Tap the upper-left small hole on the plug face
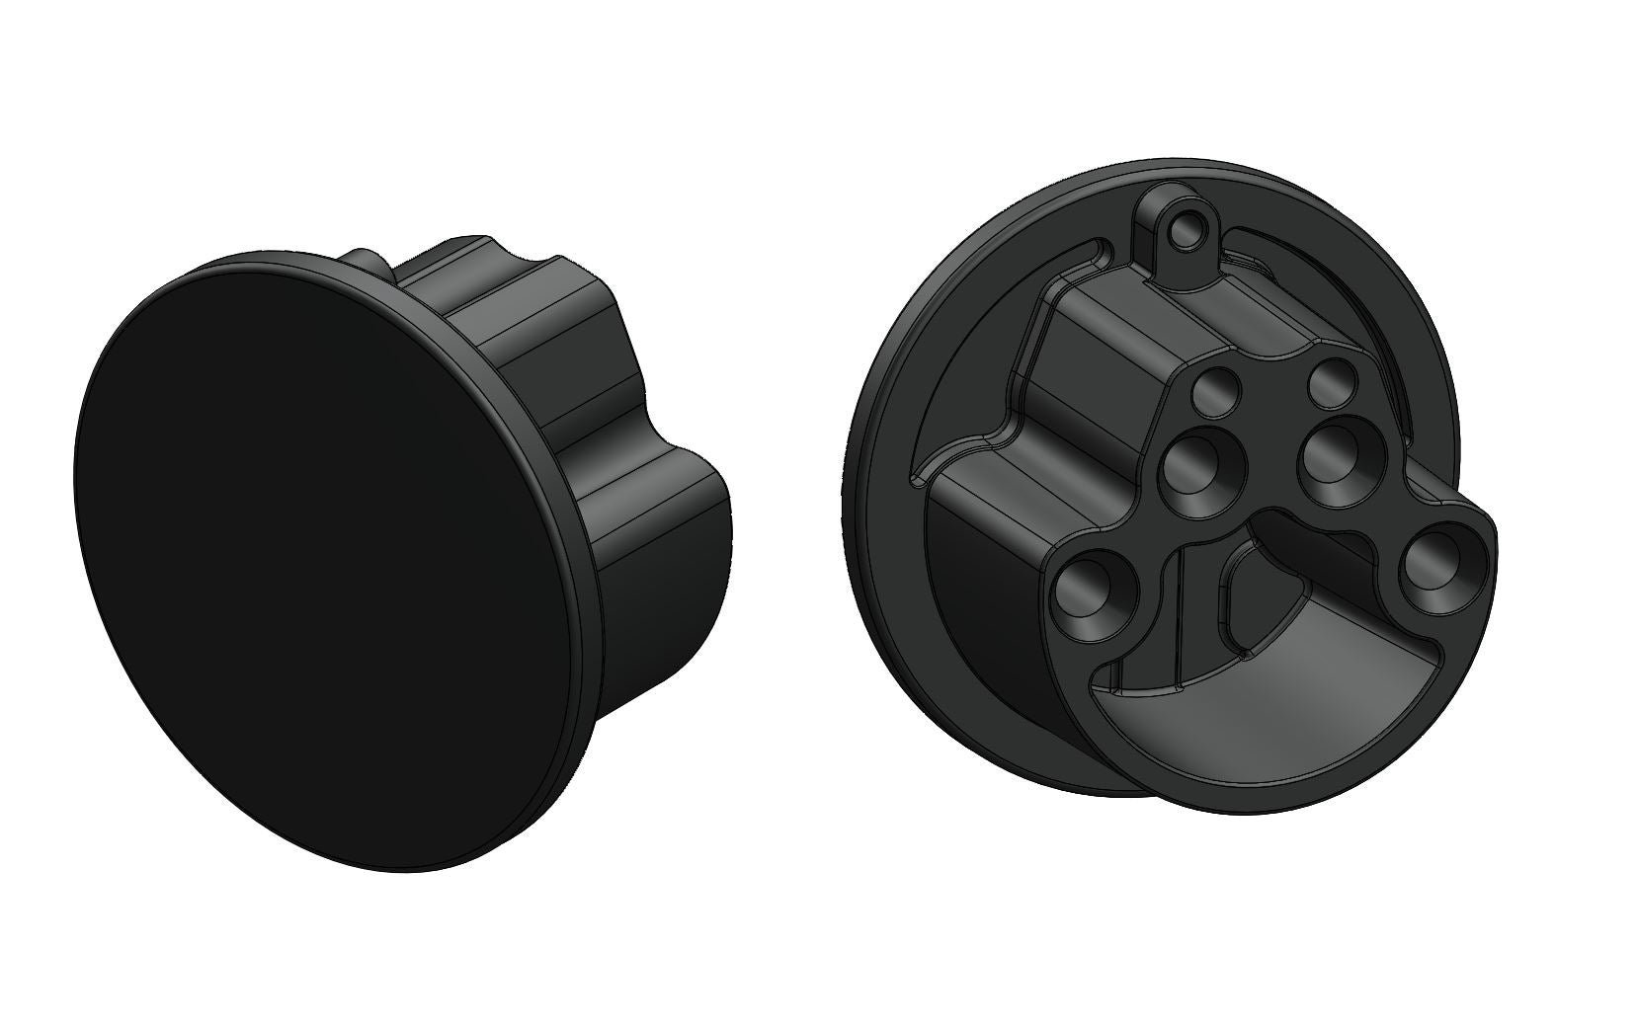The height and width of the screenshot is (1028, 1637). (x=1213, y=392)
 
